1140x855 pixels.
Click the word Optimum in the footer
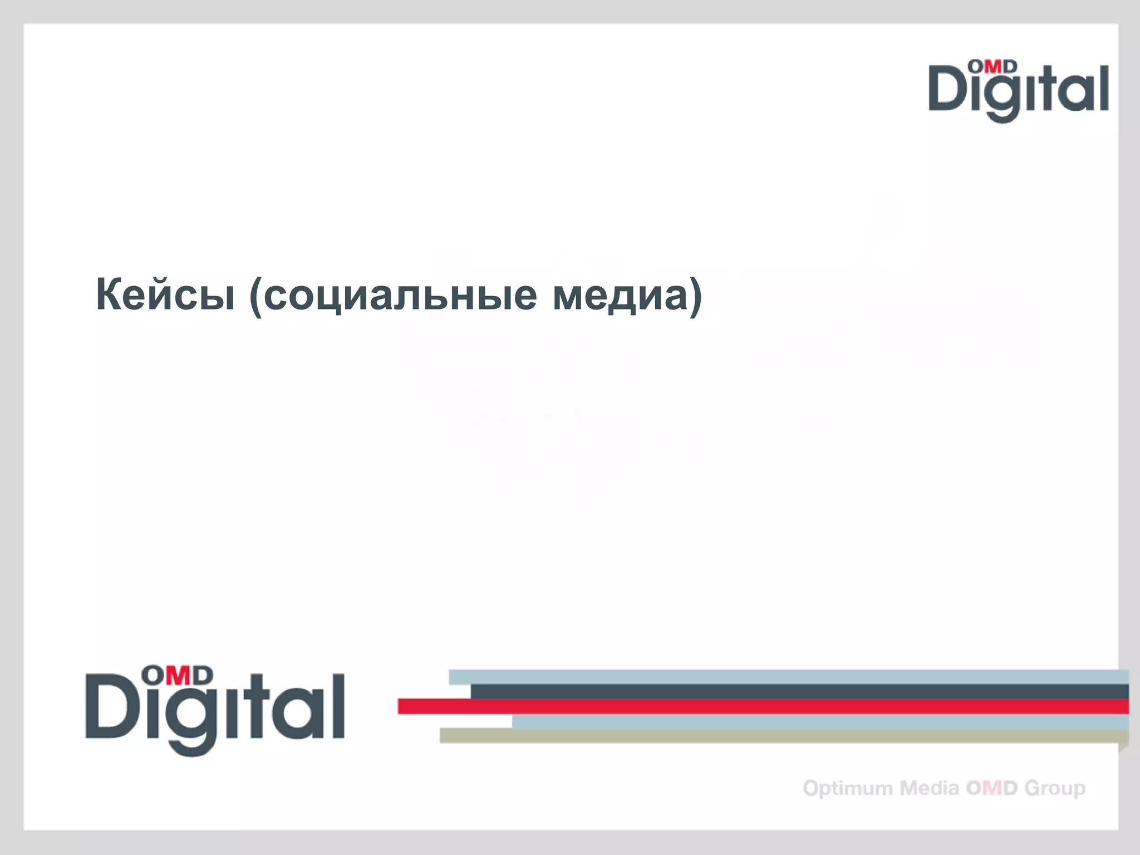[848, 788]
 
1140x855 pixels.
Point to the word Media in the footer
[930, 788]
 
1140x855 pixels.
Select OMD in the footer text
[992, 788]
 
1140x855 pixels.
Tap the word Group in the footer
[1055, 788]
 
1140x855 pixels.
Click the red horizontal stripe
[763, 706]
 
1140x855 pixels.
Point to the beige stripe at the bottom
[779, 735]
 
